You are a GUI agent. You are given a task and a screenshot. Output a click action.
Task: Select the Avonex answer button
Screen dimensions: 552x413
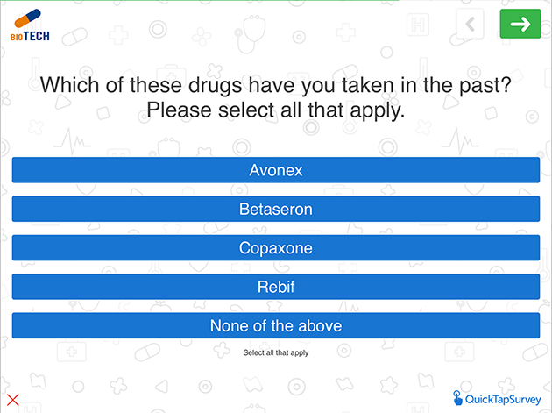(276, 170)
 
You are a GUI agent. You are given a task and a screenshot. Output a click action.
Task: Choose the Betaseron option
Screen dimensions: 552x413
(276, 209)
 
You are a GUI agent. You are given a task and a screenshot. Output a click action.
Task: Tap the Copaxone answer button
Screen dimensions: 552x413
(276, 248)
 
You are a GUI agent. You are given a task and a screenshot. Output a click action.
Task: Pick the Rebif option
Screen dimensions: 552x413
(276, 287)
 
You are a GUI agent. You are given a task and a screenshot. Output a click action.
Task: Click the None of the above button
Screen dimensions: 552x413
(276, 325)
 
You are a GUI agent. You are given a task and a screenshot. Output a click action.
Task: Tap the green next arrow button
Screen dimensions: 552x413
(520, 24)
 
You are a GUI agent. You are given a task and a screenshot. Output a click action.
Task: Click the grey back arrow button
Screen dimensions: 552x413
(470, 24)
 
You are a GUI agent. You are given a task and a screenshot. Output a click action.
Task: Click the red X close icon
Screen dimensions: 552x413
(13, 401)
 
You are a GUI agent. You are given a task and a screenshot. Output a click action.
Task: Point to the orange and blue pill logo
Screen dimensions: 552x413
(27, 18)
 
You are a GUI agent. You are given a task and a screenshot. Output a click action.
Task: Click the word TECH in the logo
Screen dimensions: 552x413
(37, 36)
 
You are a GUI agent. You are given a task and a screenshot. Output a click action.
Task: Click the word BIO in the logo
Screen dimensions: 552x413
(17, 37)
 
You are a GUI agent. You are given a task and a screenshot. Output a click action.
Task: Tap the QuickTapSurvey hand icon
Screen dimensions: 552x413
(457, 398)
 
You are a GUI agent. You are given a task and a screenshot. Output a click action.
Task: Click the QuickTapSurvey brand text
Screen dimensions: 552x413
(503, 399)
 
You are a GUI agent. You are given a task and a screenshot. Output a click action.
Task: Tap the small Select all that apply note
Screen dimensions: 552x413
(276, 352)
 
